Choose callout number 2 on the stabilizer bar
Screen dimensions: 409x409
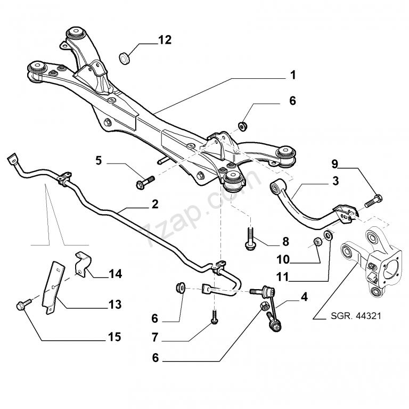tap(154, 203)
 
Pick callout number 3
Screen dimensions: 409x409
tap(335, 181)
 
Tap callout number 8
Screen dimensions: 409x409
tap(285, 241)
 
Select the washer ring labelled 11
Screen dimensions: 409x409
tap(330, 235)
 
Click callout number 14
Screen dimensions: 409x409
tap(115, 274)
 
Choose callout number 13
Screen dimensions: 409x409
tap(114, 305)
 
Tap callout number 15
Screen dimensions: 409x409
tap(114, 337)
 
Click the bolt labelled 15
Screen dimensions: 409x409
tap(22, 305)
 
